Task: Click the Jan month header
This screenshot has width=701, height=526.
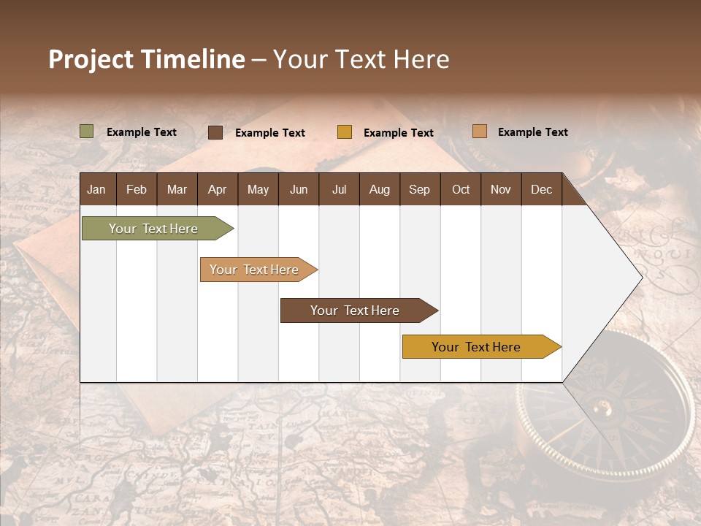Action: click(x=96, y=189)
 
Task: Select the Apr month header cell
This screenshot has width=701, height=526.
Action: click(x=218, y=189)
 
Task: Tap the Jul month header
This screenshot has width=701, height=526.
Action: click(x=340, y=189)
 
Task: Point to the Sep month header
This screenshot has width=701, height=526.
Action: click(x=420, y=189)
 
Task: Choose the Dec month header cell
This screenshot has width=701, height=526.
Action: click(x=541, y=189)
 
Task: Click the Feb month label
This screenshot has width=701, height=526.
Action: click(x=137, y=189)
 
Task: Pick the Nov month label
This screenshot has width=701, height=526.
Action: click(x=501, y=189)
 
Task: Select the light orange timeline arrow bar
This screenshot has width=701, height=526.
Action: click(x=256, y=270)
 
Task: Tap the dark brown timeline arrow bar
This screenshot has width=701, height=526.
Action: click(x=356, y=310)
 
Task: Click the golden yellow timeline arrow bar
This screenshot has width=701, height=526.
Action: click(x=478, y=347)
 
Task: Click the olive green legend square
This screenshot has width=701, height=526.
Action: click(x=87, y=131)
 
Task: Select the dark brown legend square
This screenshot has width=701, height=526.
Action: click(x=215, y=132)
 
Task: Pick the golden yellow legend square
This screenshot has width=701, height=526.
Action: click(x=345, y=132)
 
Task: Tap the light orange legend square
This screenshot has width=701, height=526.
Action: click(x=479, y=131)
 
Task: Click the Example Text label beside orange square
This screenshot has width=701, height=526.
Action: click(x=532, y=132)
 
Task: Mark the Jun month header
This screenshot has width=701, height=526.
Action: click(x=299, y=189)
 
